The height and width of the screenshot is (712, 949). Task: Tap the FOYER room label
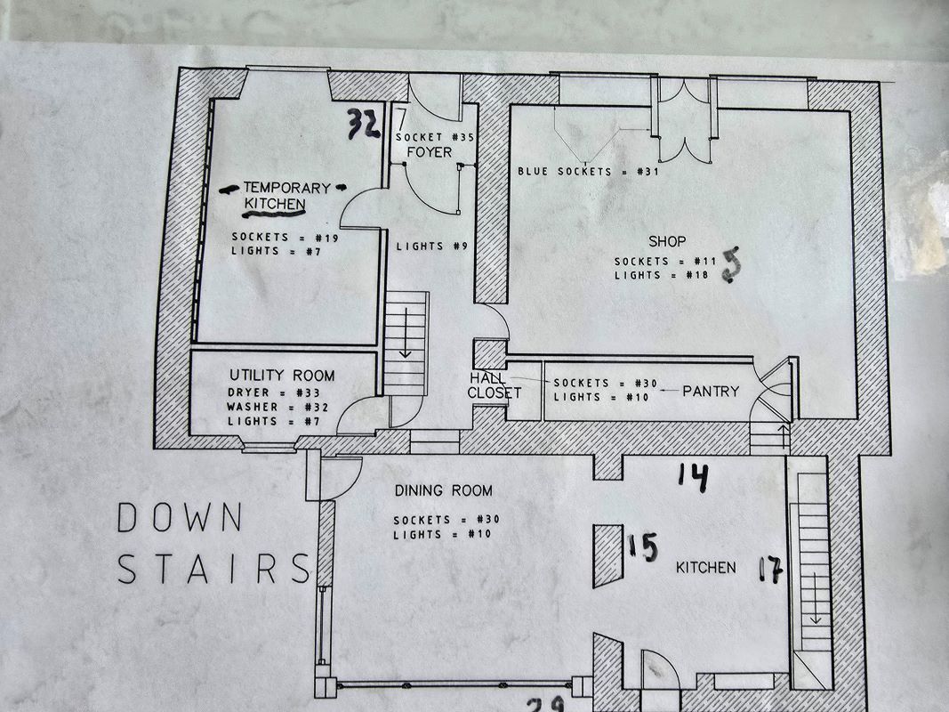(x=429, y=152)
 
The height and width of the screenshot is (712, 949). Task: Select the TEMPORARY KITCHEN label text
(x=286, y=196)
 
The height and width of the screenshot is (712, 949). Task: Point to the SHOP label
(x=667, y=241)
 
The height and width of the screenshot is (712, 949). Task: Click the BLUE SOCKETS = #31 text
(x=588, y=171)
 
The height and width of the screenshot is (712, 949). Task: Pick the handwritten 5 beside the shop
(x=731, y=265)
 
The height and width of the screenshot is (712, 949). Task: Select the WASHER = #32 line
(x=266, y=407)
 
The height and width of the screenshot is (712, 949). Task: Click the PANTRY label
(x=711, y=390)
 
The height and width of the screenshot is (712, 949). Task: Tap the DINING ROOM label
(x=443, y=490)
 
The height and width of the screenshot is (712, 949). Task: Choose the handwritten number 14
(x=693, y=477)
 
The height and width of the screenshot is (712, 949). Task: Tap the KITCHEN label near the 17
(x=705, y=567)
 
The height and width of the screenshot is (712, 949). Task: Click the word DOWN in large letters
(x=179, y=517)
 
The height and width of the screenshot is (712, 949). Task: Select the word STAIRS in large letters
(x=213, y=569)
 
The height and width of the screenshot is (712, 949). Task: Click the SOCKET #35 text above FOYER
(x=435, y=138)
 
